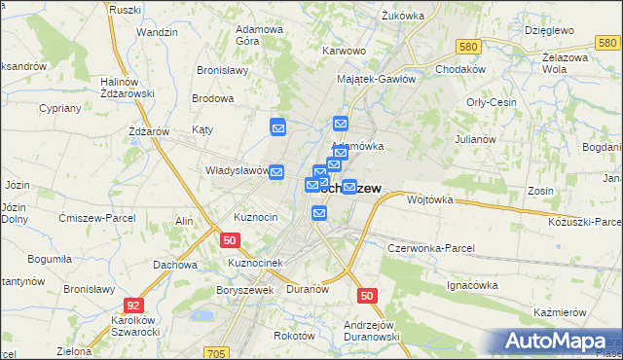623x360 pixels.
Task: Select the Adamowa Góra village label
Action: pos(260,35)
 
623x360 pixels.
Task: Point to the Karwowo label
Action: pos(343,51)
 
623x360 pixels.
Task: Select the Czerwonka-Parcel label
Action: pos(430,248)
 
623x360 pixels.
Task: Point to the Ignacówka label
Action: pos(472,285)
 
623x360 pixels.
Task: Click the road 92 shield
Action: pos(133,305)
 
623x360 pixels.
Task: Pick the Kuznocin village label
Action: pos(256,216)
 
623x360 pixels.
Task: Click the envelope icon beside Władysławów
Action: pos(276,172)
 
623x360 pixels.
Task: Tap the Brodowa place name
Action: pos(213,98)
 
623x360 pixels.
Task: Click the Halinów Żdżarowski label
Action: pos(122,88)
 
